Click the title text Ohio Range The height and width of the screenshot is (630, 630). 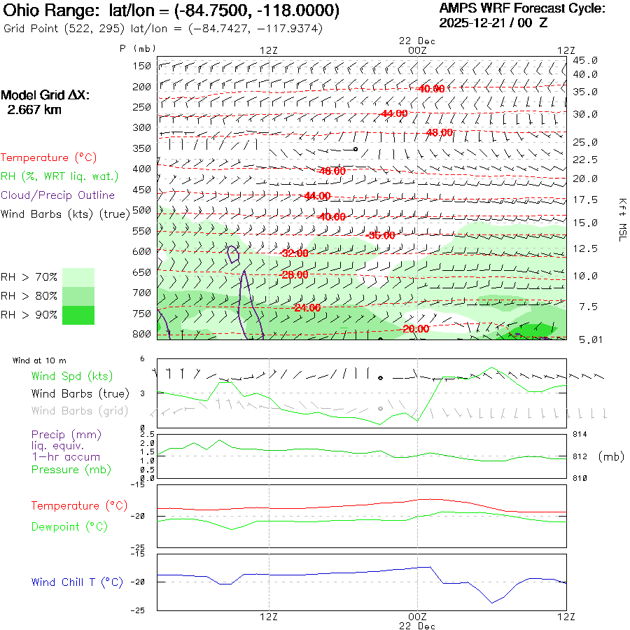(x=53, y=11)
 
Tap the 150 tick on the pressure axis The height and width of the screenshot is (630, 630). (x=143, y=66)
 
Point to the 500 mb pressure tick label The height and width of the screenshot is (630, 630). (x=143, y=210)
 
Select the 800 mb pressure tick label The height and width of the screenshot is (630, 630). (x=143, y=334)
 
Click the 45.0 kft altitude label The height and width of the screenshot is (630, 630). (x=585, y=61)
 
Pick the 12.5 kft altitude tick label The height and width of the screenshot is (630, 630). (x=585, y=248)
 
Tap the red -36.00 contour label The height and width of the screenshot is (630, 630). (x=380, y=235)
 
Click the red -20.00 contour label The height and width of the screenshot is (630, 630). (x=416, y=329)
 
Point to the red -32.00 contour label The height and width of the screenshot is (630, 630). (x=294, y=253)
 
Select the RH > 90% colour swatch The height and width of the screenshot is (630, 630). (x=78, y=315)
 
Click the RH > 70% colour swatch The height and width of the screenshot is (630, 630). (x=78, y=277)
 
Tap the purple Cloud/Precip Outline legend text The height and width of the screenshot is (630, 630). (x=58, y=195)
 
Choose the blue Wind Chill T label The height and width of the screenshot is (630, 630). (x=77, y=582)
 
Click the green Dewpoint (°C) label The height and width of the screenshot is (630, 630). (x=69, y=526)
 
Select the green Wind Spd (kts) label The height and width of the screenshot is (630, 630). (x=71, y=377)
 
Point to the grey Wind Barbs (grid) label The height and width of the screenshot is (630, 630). (x=80, y=411)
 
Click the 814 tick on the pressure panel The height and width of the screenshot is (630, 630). (x=579, y=435)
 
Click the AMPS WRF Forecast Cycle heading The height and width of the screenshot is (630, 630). (x=521, y=9)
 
